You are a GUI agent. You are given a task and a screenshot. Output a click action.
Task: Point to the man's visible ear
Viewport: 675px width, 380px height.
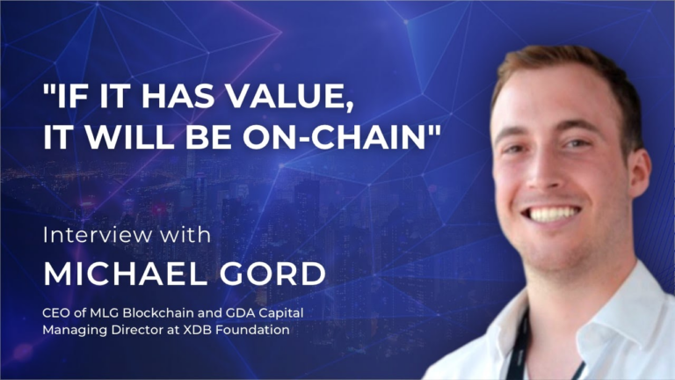click(x=639, y=167)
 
